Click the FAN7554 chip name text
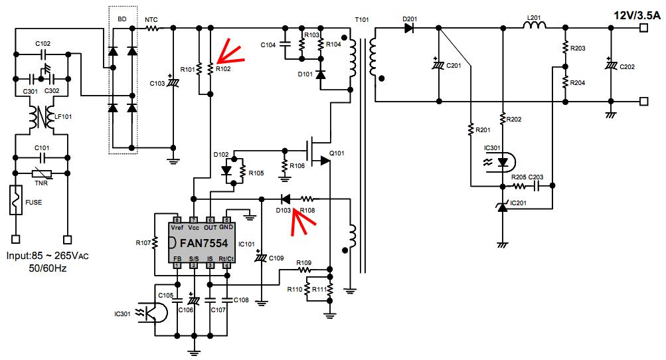point(204,243)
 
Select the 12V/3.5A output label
point(637,15)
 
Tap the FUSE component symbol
point(16,200)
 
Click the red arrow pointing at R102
point(230,52)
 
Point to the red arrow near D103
point(302,222)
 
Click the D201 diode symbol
point(409,29)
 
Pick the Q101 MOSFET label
point(337,153)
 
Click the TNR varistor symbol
point(42,173)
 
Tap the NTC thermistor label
point(151,19)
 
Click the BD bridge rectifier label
point(122,19)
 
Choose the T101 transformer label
point(362,19)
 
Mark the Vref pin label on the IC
point(177,227)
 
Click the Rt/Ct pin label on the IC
point(226,258)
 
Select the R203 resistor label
point(578,48)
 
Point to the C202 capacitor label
point(627,66)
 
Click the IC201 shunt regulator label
point(518,203)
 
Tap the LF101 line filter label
point(63,116)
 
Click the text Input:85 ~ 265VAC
point(48,256)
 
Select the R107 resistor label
point(143,242)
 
